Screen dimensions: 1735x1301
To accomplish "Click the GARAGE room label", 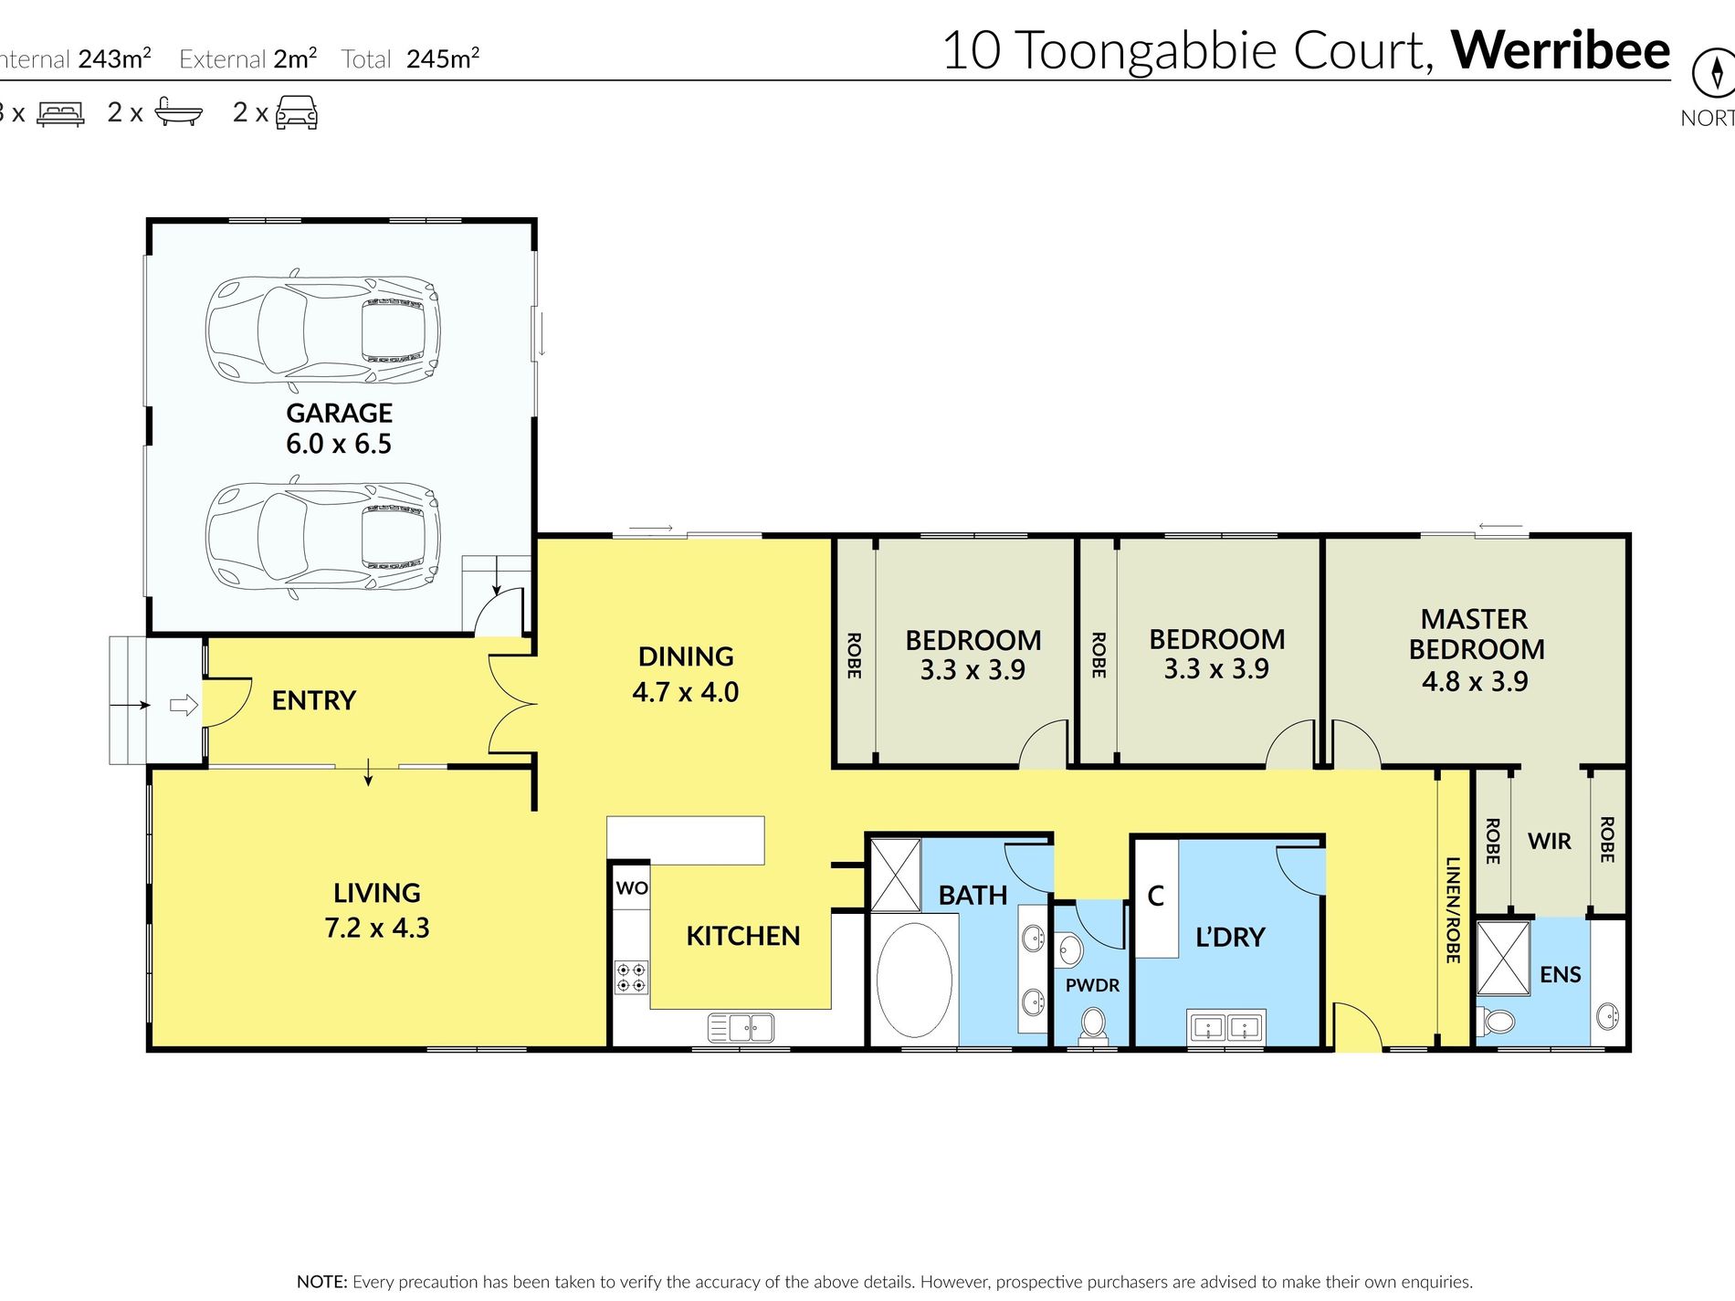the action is click(x=339, y=413).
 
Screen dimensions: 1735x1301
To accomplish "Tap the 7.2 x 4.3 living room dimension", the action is click(x=376, y=928).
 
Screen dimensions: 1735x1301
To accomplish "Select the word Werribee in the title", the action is click(x=1561, y=50).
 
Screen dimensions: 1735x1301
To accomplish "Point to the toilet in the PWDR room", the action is click(x=1092, y=1024).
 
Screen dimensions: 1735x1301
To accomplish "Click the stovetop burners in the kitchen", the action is click(x=631, y=977).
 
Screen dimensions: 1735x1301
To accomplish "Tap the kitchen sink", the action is click(x=741, y=1028).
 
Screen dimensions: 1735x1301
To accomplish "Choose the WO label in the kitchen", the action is click(x=632, y=887).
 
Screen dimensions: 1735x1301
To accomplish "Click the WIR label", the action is click(x=1550, y=841).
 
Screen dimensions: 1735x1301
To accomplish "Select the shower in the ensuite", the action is click(x=1502, y=958).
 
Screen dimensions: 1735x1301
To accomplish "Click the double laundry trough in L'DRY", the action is click(x=1225, y=1027).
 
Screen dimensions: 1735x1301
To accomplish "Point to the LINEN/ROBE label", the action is click(x=1453, y=909).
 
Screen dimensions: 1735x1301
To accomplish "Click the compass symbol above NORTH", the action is click(x=1715, y=73).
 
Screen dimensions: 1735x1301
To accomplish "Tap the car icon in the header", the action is click(x=297, y=112).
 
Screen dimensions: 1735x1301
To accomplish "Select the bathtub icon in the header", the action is click(x=178, y=111).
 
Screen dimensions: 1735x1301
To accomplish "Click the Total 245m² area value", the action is click(x=443, y=59).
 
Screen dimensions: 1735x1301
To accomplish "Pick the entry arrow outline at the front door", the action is click(x=184, y=705).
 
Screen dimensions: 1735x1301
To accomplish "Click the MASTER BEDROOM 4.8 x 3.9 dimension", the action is click(x=1475, y=681).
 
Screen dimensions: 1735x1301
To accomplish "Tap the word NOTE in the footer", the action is click(x=321, y=1282).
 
